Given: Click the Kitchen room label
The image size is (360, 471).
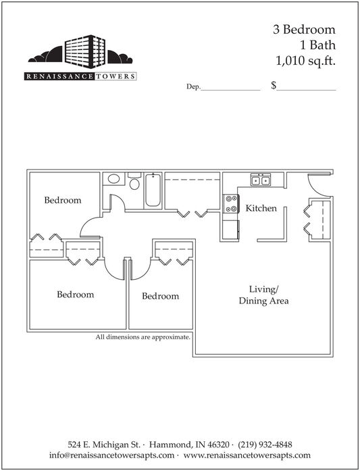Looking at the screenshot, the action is [x=261, y=208].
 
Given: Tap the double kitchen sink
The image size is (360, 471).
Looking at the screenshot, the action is [x=261, y=180].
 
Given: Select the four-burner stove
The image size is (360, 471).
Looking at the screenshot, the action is [x=231, y=203].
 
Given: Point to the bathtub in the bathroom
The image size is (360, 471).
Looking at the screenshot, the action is [x=153, y=190].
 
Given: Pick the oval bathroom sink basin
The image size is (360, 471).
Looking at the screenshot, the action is [x=113, y=179].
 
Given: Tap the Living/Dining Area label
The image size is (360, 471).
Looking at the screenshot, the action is [x=263, y=295].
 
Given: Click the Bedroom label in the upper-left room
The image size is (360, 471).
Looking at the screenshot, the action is [x=63, y=200].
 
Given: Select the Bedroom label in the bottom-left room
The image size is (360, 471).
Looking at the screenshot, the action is [x=76, y=295].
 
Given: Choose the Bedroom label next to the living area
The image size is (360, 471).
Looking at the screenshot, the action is [x=160, y=296].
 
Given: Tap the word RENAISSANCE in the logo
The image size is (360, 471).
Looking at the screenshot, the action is [x=59, y=76].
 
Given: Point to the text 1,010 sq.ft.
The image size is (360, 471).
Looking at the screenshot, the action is [x=305, y=61].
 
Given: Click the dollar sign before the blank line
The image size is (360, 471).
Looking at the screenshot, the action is [x=274, y=86].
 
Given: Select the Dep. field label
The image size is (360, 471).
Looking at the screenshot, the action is [x=193, y=86].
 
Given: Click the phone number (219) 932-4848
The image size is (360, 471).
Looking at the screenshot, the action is [x=265, y=444].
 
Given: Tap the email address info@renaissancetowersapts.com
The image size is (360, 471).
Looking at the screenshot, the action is [x=111, y=455].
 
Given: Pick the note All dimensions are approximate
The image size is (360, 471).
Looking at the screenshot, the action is [x=143, y=337].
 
